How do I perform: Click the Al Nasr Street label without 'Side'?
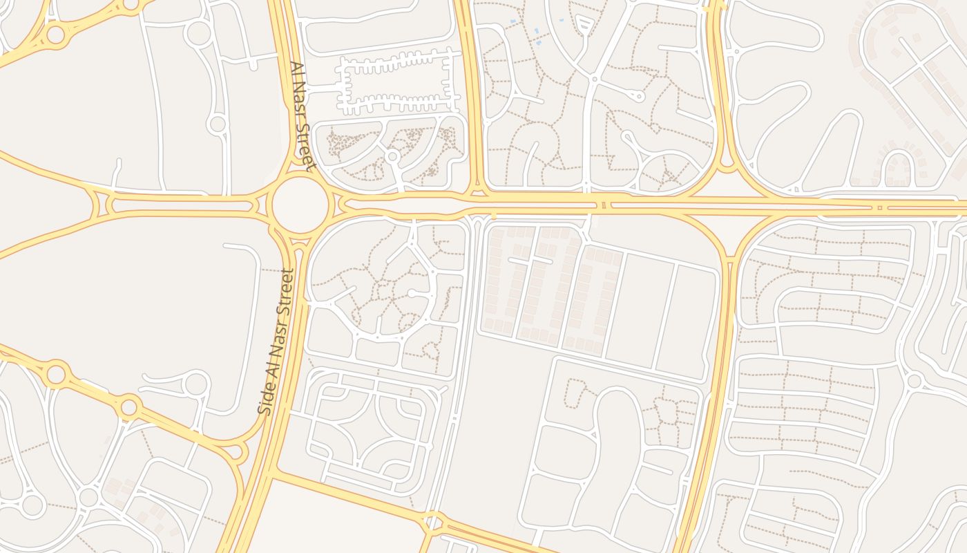(x=303, y=116)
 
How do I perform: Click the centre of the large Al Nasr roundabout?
(x=300, y=205)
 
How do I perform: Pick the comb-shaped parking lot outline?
(x=396, y=85)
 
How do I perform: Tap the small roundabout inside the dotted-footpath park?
(x=392, y=156)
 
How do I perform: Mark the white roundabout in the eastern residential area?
(x=914, y=380)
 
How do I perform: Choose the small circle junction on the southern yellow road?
(x=433, y=521)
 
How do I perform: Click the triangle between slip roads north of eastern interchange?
(x=727, y=181)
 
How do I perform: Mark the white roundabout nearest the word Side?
(x=197, y=382)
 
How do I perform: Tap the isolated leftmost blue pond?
(x=512, y=22)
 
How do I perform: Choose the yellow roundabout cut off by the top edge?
(x=131, y=4)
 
